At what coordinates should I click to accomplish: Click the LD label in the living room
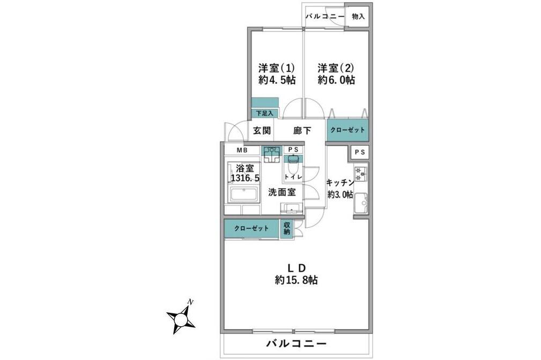coord(296,267)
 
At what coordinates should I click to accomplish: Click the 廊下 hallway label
coord(302,130)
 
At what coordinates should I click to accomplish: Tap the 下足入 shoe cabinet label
coord(264,114)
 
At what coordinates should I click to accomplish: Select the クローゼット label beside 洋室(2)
coord(347,130)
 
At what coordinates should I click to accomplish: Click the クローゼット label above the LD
coord(251,229)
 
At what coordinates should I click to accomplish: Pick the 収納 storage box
coord(287,229)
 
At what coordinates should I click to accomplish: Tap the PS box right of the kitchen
coord(360,153)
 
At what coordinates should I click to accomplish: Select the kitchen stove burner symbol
coord(360,173)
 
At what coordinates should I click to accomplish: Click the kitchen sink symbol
coord(361,202)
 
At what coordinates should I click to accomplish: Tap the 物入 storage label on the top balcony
coord(358,17)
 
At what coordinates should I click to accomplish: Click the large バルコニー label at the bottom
coord(296,343)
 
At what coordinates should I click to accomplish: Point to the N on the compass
coord(189,302)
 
